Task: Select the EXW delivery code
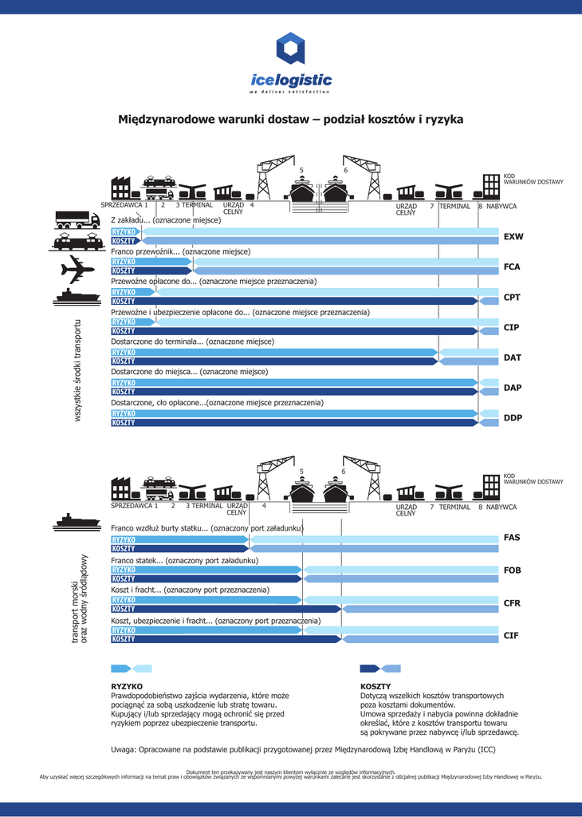click(x=513, y=237)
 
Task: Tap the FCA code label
click(x=512, y=267)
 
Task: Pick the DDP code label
click(x=513, y=417)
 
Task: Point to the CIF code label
click(x=511, y=635)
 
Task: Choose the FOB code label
click(x=512, y=570)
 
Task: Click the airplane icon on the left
click(x=77, y=269)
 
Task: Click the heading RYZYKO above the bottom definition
click(x=127, y=685)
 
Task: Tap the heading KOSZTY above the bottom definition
click(x=376, y=685)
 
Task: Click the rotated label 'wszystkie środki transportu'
click(x=77, y=372)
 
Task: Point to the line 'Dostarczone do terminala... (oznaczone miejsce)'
click(x=192, y=341)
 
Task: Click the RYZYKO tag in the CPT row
click(x=124, y=292)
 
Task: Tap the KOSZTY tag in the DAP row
click(x=124, y=392)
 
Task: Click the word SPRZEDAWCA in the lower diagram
click(x=132, y=507)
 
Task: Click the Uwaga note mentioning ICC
click(x=303, y=750)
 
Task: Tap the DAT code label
click(x=513, y=358)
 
